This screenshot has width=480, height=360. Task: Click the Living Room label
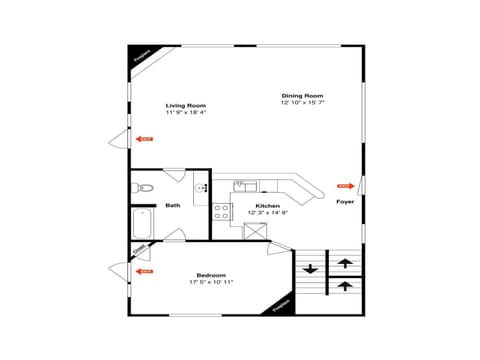[185, 105]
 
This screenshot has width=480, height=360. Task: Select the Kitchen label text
[254, 206]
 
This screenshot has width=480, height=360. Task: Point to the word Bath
[173, 206]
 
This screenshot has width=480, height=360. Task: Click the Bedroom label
[211, 275]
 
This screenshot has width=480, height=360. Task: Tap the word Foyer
[345, 201]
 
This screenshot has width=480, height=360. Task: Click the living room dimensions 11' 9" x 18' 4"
[185, 112]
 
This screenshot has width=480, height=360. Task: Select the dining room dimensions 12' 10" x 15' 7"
[302, 102]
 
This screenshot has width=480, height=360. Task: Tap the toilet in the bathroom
[142, 188]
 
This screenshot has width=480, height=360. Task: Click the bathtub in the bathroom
[140, 225]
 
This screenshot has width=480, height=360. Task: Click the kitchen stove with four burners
[222, 210]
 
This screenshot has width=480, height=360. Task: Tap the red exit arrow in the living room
[146, 139]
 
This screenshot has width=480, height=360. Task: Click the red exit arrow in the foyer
[344, 186]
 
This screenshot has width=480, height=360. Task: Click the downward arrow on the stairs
[310, 268]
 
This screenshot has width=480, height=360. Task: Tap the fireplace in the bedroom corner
[282, 308]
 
